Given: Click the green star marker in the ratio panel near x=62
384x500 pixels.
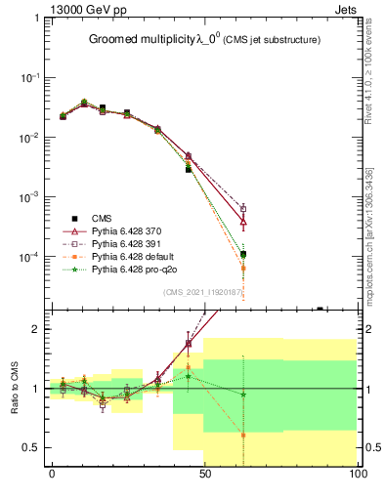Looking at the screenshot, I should coord(243,395).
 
